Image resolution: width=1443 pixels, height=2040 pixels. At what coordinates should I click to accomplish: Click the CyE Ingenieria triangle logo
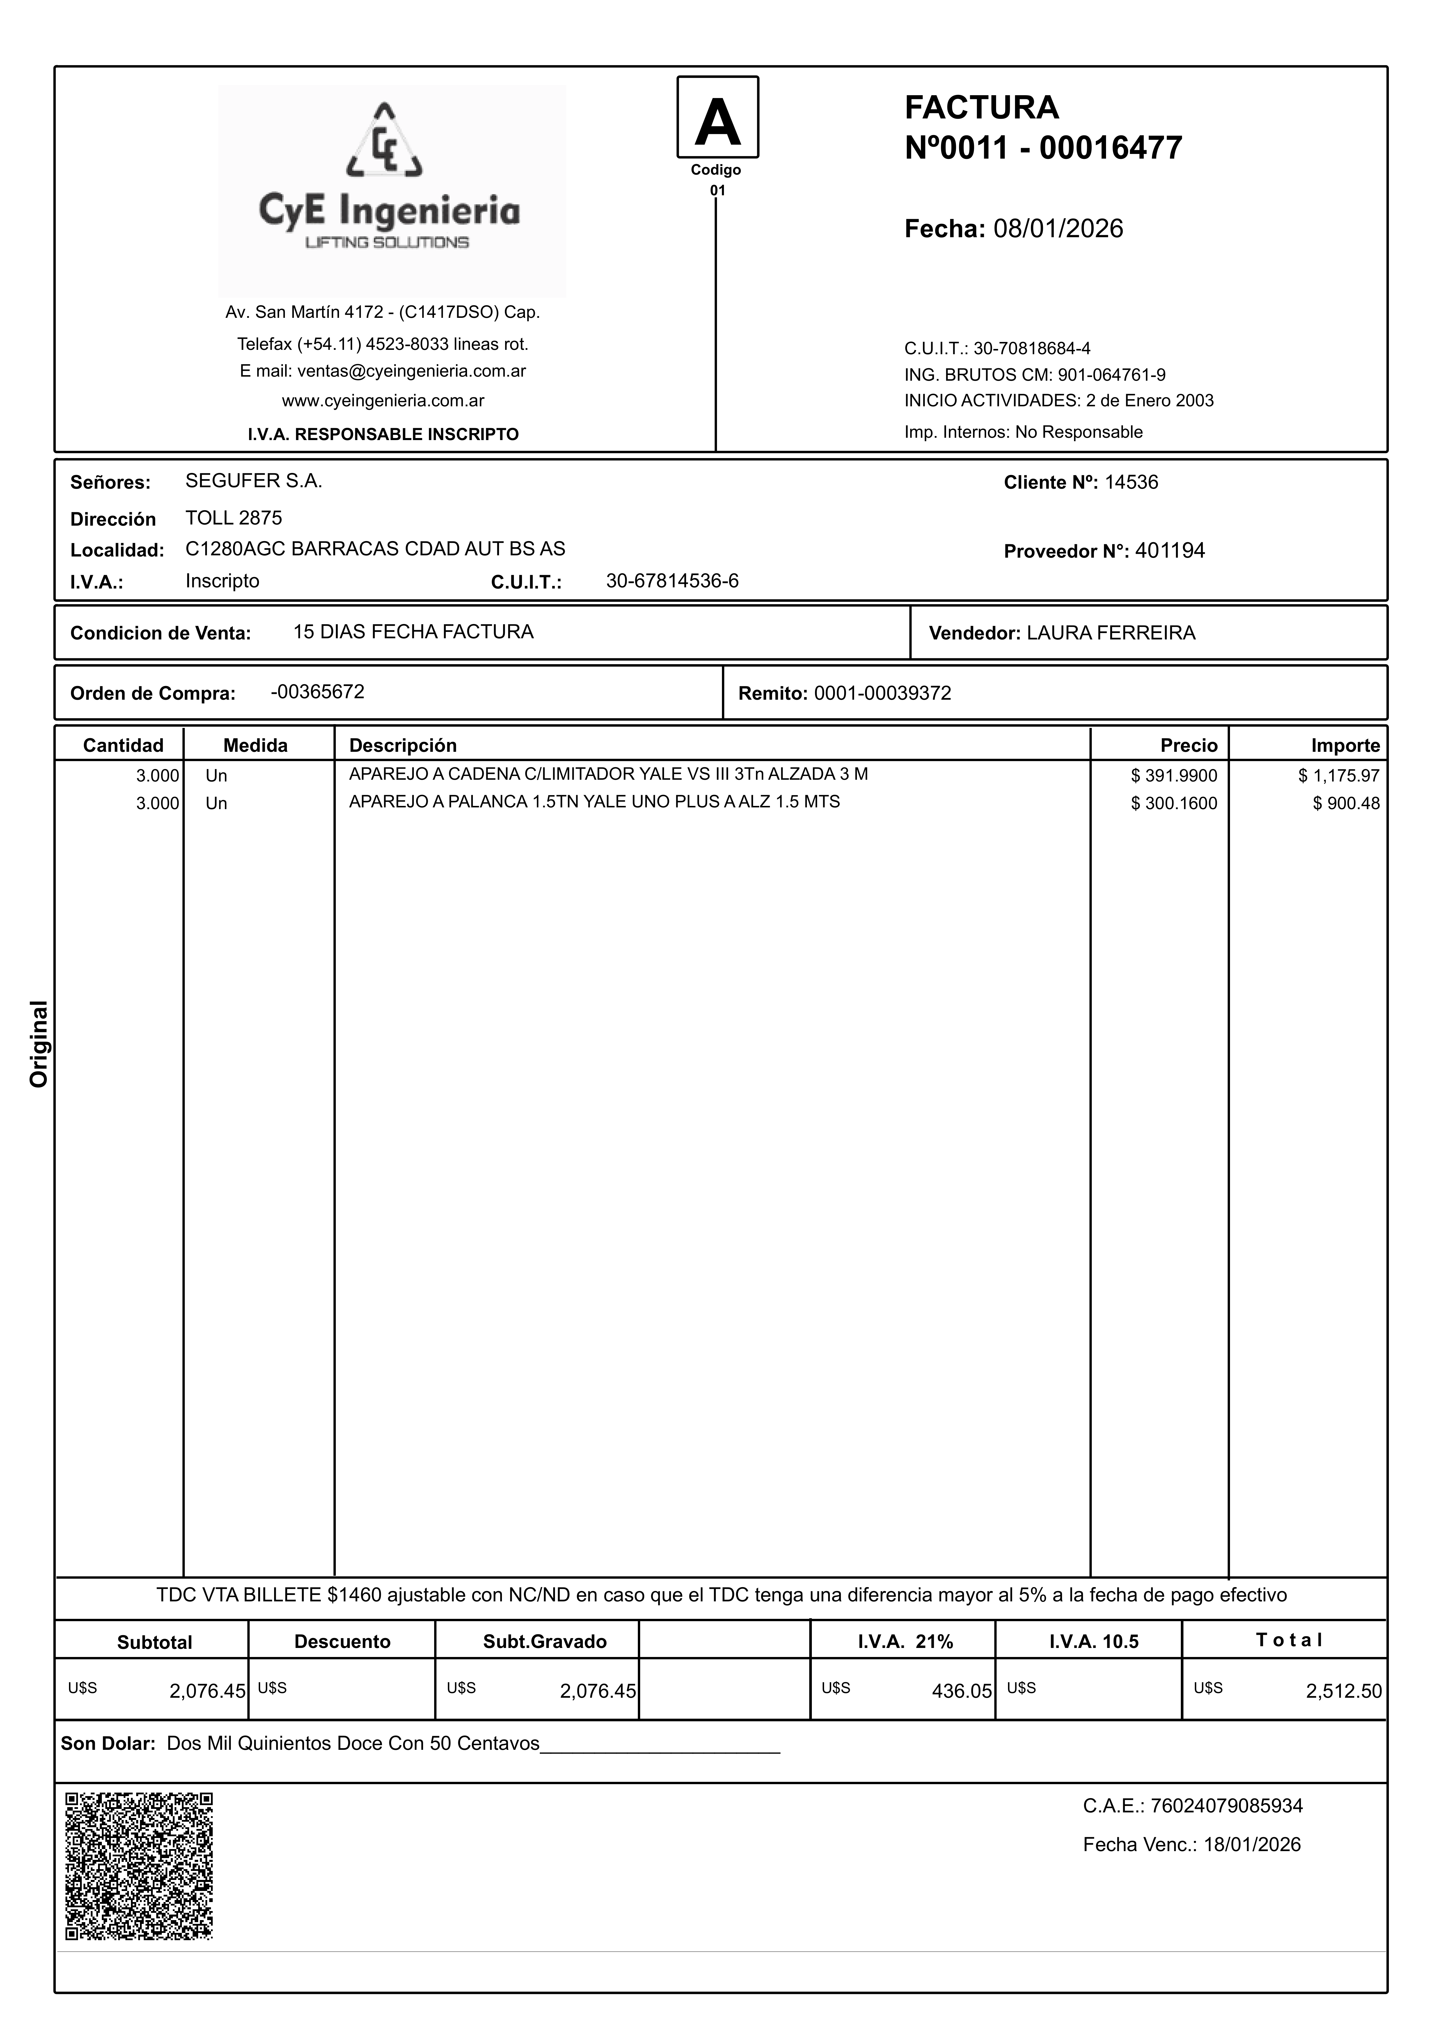coord(384,142)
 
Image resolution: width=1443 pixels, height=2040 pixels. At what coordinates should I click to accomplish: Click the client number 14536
coord(1131,483)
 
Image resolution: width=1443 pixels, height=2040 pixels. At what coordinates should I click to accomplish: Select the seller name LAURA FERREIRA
coord(1111,633)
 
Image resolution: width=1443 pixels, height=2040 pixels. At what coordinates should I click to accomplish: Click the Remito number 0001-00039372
coord(882,693)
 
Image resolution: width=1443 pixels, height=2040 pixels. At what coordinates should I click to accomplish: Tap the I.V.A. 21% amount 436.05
coord(961,1691)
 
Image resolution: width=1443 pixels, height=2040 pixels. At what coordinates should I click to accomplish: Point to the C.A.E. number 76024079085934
coord(1226,1805)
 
